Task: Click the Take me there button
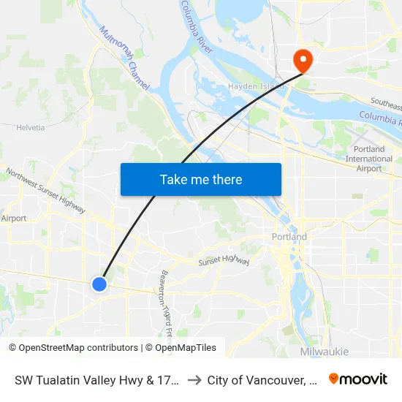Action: click(201, 179)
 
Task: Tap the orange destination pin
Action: click(301, 59)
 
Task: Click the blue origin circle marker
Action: click(99, 284)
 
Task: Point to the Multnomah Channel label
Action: click(124, 59)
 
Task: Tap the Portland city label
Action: click(289, 238)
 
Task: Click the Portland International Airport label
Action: click(368, 159)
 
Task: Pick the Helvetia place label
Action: click(30, 127)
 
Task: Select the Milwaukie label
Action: click(324, 352)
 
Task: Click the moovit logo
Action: click(358, 379)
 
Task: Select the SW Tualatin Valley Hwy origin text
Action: click(96, 380)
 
